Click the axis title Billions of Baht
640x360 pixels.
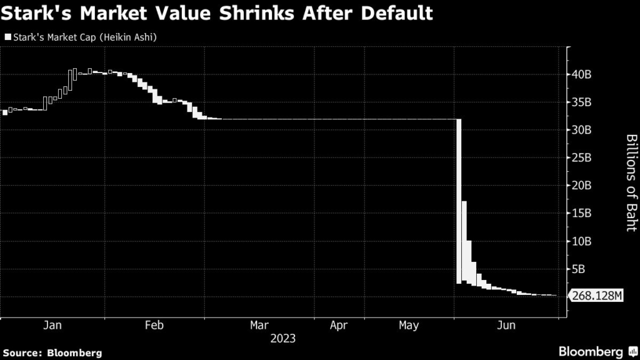point(631,182)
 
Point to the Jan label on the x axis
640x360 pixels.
point(53,326)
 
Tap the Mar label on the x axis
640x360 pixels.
point(259,326)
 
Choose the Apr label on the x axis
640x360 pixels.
point(338,326)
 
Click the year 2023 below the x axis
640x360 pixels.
point(282,339)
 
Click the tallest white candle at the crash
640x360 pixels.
point(459,200)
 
